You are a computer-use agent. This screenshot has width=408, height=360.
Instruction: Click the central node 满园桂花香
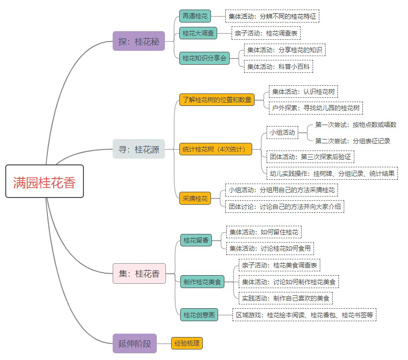(45, 181)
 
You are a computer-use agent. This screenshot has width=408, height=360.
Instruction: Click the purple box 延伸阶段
(135, 343)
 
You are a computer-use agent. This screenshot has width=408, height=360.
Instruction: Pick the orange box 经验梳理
(187, 343)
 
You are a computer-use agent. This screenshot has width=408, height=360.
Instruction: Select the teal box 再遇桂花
(195, 16)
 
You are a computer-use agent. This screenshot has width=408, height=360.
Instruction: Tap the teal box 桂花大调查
(198, 33)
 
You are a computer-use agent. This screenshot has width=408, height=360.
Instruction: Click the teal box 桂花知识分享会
(205, 58)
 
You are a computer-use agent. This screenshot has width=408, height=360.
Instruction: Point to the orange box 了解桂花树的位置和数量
(216, 100)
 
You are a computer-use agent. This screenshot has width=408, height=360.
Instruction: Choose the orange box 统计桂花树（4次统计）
(216, 149)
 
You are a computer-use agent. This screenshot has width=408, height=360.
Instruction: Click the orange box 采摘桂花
(195, 198)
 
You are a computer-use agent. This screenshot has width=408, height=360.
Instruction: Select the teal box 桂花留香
(196, 240)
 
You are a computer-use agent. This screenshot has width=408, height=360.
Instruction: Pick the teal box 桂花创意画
(199, 315)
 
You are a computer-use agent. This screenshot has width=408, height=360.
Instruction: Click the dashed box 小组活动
(282, 132)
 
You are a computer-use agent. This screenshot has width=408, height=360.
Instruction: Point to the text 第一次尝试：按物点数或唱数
(356, 125)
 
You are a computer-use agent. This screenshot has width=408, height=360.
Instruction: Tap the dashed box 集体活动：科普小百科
(279, 66)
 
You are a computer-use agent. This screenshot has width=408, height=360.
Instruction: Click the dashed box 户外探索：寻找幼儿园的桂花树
(316, 108)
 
